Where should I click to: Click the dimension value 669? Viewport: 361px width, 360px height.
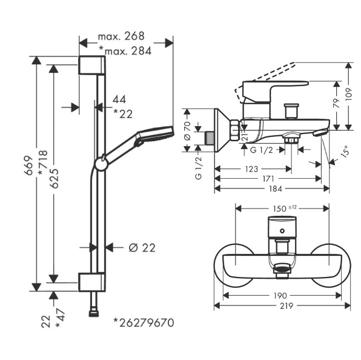tap(30, 165)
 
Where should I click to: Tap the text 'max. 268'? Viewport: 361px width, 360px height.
tap(121, 36)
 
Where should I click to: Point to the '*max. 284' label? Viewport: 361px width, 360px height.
tap(125, 51)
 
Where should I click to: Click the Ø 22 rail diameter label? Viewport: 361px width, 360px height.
tap(142, 248)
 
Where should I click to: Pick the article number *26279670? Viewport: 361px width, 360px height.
tap(144, 322)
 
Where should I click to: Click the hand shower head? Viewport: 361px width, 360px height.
tap(156, 135)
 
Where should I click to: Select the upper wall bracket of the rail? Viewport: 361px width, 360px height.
tap(92, 65)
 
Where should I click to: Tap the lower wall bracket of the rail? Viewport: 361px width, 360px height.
tap(92, 282)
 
